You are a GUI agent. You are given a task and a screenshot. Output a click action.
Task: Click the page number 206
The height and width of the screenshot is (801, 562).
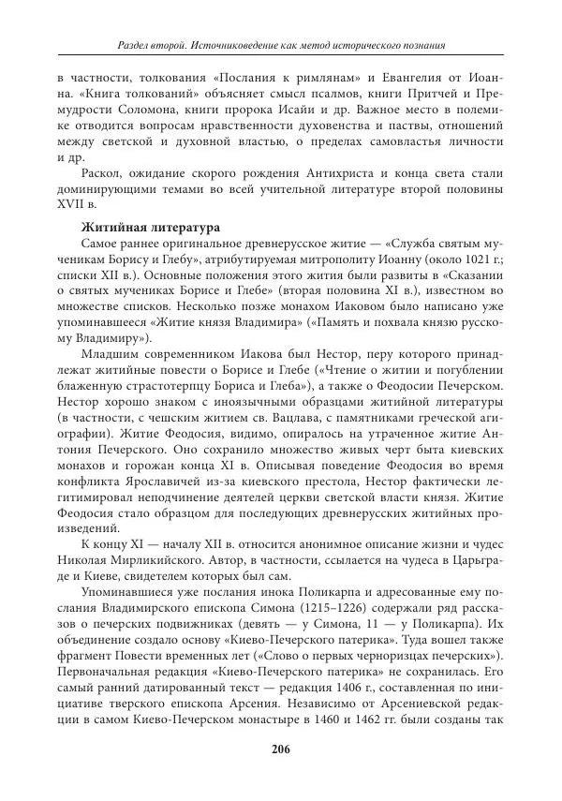(281, 748)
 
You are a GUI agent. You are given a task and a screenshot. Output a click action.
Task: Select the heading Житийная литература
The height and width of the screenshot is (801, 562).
(139, 227)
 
